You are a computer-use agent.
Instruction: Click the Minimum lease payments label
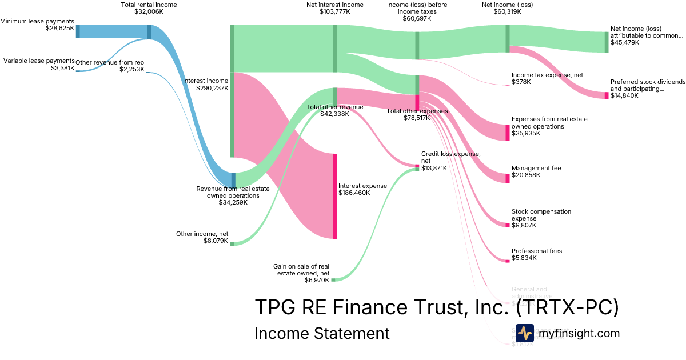coord(37,21)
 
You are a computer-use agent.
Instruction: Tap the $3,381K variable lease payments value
coord(62,68)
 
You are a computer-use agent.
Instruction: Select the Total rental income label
coord(149,5)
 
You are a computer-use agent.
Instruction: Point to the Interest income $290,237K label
coord(205,85)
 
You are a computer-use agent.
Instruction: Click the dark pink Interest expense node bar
coord(334,195)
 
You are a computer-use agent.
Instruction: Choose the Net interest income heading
coord(334,5)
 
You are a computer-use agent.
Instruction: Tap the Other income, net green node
coord(232,243)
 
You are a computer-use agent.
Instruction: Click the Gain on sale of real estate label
coord(301,270)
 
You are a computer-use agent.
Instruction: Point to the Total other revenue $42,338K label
coord(334,110)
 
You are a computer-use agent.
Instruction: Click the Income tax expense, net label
coord(539,75)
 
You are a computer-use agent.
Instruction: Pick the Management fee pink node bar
coord(507,178)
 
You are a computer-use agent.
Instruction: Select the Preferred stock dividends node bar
coord(607,95)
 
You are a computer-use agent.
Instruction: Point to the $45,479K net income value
coord(625,42)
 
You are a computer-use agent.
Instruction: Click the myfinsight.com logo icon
coord(524,333)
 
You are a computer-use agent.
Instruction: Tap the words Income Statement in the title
coord(321,333)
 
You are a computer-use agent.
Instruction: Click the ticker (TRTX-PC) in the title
coord(567,307)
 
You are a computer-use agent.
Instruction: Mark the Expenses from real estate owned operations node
coord(507,133)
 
